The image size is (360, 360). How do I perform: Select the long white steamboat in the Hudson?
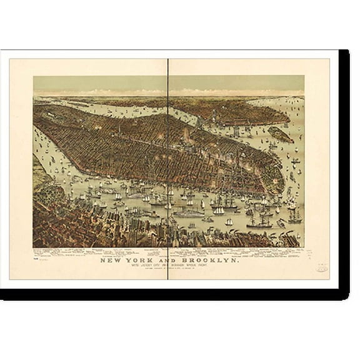(x=188, y=212)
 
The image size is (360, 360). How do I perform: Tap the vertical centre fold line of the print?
(x=169, y=156)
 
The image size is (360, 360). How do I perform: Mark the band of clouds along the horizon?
(x=169, y=92)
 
